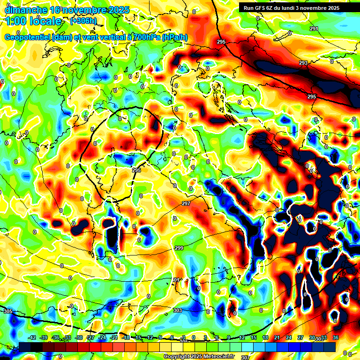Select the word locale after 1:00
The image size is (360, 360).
click(x=44, y=21)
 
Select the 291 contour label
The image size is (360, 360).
click(x=314, y=29)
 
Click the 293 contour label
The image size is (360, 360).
click(x=303, y=63)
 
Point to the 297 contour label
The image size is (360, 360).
click(x=186, y=203)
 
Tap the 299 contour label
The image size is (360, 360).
click(x=179, y=248)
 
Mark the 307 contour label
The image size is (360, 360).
click(x=245, y=357)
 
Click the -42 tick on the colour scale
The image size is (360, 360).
click(x=32, y=337)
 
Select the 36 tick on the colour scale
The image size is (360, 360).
click(x=336, y=337)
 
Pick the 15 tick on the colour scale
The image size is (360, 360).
click(x=254, y=337)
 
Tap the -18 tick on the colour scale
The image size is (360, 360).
click(x=126, y=337)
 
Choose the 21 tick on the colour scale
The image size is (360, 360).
click(x=277, y=337)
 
